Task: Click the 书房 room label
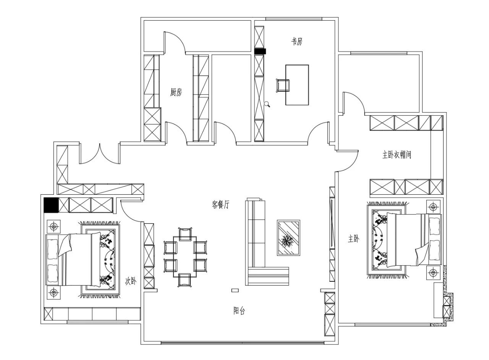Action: (x=297, y=41)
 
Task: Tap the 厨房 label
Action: (x=176, y=92)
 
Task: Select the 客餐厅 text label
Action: (x=220, y=205)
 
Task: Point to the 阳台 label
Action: (x=239, y=310)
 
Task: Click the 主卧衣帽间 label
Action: (x=397, y=155)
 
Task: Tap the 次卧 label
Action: (x=131, y=281)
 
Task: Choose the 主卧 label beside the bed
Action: (x=353, y=239)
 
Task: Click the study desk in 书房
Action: (x=297, y=85)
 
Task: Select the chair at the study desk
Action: (x=283, y=86)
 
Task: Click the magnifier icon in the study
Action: (x=267, y=104)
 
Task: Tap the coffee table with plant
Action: (x=288, y=237)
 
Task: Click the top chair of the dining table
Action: (x=185, y=234)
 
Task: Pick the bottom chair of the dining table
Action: (x=185, y=280)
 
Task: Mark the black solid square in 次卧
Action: (x=51, y=205)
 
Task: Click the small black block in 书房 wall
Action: (x=260, y=51)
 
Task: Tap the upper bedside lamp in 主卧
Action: (x=433, y=207)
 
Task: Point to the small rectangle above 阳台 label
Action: (x=235, y=291)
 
